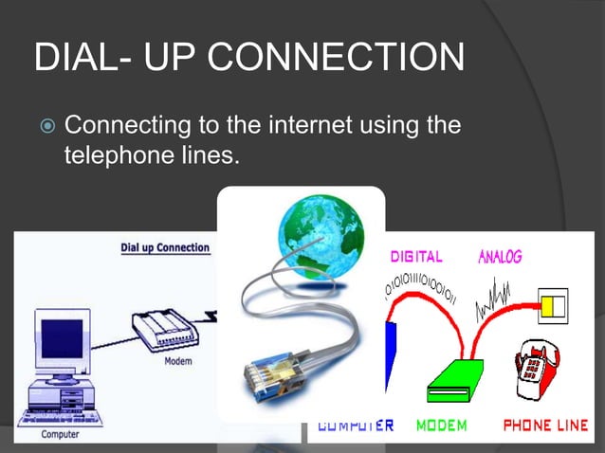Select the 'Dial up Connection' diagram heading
coord(164,247)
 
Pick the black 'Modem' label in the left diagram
coord(179,361)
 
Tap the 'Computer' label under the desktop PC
coord(59,434)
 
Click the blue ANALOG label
coord(500,257)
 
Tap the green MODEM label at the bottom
coord(442,426)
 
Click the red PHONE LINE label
coord(545,426)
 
